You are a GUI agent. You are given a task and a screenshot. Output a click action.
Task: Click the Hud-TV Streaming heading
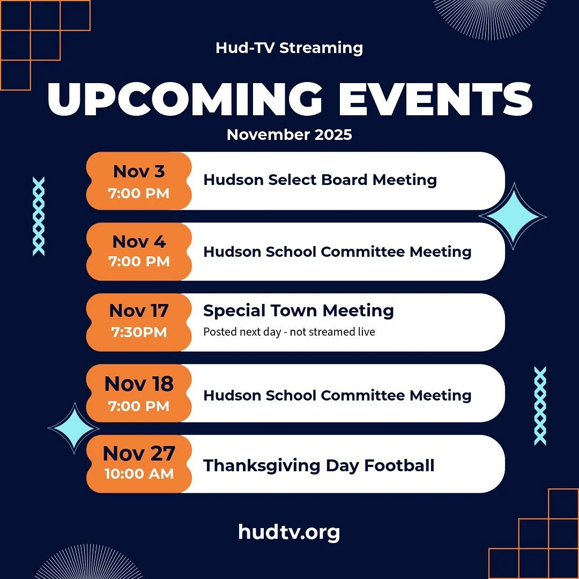(x=289, y=48)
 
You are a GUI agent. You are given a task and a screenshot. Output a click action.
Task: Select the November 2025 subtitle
(x=289, y=134)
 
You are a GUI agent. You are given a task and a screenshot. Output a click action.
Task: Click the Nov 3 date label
(x=139, y=172)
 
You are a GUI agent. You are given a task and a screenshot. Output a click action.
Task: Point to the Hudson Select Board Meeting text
(x=320, y=180)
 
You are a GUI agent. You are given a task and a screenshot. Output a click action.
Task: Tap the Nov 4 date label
(x=139, y=242)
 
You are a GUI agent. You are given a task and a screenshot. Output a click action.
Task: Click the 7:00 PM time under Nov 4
(x=139, y=262)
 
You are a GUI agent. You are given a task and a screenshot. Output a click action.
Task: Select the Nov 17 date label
(x=139, y=311)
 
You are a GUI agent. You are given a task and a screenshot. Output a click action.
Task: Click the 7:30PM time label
(x=139, y=332)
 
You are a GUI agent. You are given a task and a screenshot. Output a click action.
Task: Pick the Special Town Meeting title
(x=299, y=310)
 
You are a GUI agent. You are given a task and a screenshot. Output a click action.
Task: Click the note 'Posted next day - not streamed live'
(x=289, y=332)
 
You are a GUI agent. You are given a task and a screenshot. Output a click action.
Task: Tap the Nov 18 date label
(x=139, y=384)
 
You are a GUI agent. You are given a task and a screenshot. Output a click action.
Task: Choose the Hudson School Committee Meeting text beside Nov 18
(x=337, y=396)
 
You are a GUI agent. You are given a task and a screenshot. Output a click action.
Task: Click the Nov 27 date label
(x=139, y=454)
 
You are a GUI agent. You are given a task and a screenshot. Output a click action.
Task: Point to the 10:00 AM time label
(x=139, y=474)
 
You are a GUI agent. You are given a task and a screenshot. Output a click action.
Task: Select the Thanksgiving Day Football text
(x=318, y=465)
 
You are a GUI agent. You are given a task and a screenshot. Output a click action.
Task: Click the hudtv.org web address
(x=289, y=532)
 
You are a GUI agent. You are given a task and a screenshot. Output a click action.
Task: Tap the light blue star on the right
(x=513, y=216)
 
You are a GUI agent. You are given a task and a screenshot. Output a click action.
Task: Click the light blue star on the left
(x=73, y=427)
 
